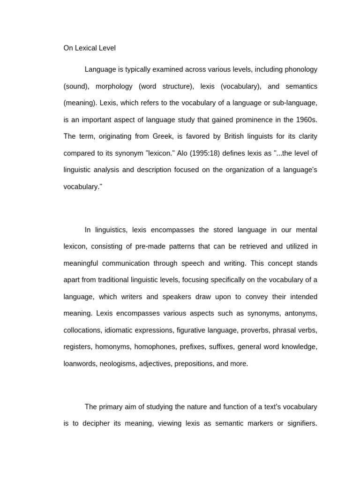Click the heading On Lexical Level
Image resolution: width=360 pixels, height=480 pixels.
90,48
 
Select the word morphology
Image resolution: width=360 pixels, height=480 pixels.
112,86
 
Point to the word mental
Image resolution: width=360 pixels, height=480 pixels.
305,230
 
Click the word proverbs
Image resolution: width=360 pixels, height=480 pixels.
255,330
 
